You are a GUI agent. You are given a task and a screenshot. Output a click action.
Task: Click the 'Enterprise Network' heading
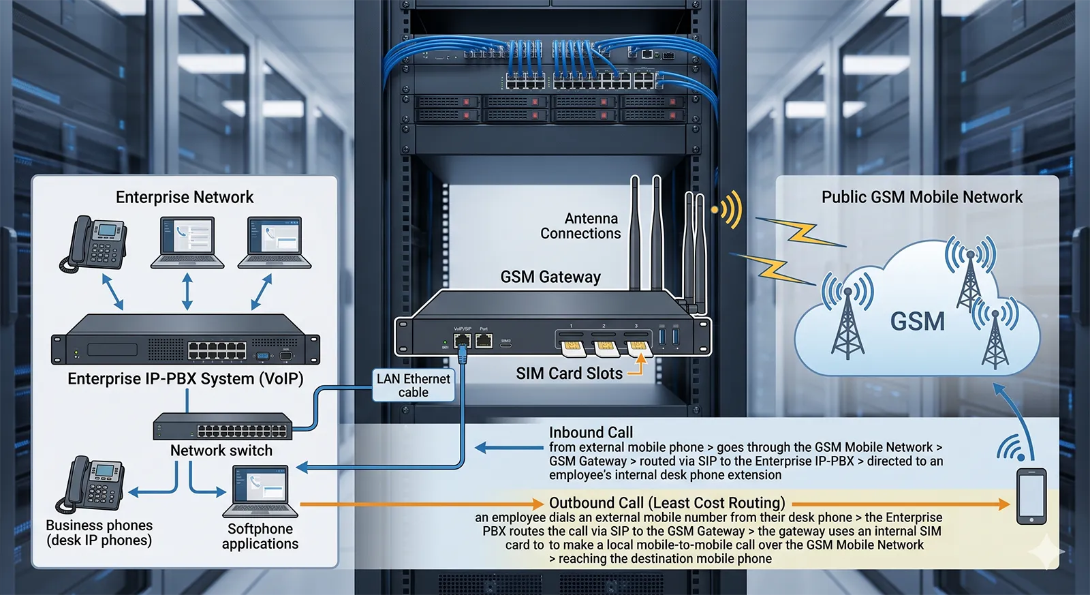click(x=185, y=197)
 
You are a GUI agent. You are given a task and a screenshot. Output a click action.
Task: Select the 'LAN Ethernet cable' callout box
click(x=414, y=385)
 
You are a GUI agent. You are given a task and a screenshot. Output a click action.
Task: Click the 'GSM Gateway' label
click(x=550, y=277)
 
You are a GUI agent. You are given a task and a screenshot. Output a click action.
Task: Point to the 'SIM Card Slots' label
click(x=569, y=373)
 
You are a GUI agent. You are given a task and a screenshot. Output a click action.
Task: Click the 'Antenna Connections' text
click(x=580, y=226)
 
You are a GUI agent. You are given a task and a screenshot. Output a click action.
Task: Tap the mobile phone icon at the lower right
click(x=1031, y=496)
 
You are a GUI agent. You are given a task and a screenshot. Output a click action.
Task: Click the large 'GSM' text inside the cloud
click(x=918, y=321)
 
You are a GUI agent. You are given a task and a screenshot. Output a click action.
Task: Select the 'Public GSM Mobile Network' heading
click(x=922, y=197)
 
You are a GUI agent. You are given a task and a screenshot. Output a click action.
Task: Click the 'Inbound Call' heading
click(x=591, y=432)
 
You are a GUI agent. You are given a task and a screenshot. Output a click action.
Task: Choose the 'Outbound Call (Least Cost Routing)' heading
click(x=667, y=503)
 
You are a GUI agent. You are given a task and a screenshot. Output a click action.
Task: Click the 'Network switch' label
click(x=221, y=451)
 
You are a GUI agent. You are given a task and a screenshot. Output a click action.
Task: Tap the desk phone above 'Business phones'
click(x=95, y=483)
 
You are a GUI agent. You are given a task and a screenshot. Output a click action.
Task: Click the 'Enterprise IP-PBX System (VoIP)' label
click(x=185, y=379)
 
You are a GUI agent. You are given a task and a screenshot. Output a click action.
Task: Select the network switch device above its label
click(x=223, y=427)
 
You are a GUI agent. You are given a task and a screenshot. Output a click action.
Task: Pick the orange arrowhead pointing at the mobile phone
click(x=1003, y=504)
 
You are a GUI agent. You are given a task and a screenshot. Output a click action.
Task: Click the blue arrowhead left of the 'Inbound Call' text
click(x=481, y=448)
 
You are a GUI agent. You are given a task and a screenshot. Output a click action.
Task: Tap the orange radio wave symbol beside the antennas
click(x=728, y=209)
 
